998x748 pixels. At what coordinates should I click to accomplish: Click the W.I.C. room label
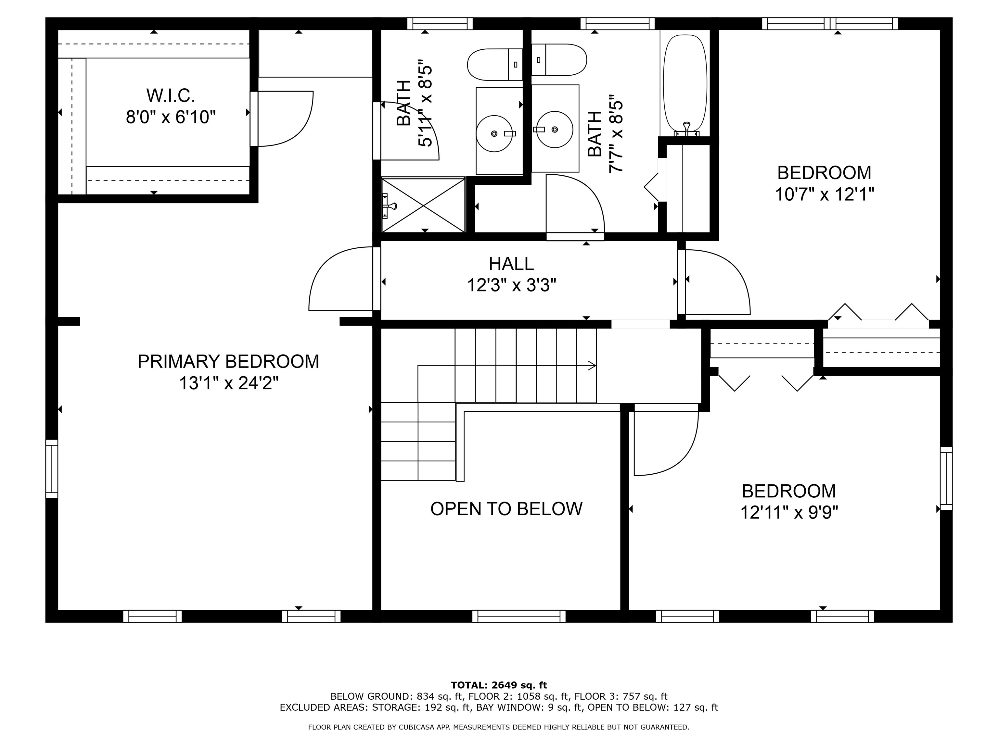[170, 95]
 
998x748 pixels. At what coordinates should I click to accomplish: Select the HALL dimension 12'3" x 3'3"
[511, 285]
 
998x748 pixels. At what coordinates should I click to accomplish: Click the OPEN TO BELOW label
[506, 509]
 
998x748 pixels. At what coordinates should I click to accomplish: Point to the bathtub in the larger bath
[685, 83]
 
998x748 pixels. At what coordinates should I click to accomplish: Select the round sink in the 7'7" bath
[555, 130]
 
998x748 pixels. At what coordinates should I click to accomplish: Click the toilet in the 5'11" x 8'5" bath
[494, 65]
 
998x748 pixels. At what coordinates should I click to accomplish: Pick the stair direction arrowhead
[592, 366]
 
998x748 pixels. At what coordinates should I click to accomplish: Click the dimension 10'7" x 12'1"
[824, 195]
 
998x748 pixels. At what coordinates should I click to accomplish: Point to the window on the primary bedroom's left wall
[52, 469]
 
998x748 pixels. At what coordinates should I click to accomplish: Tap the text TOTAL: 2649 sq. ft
[499, 686]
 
